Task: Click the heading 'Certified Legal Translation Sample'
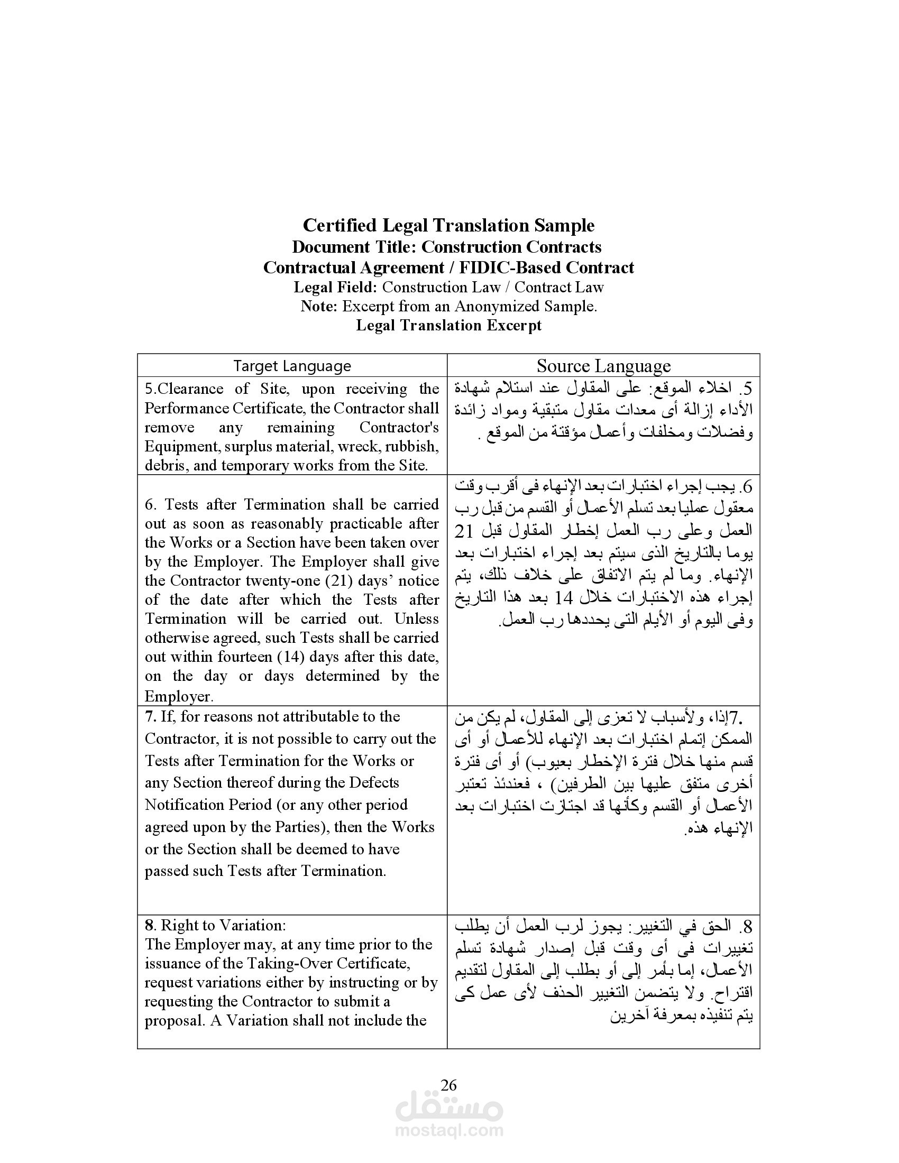point(448,225)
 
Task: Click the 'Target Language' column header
point(292,366)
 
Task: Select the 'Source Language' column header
point(603,366)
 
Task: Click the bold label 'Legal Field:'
point(335,288)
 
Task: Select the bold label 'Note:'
point(319,306)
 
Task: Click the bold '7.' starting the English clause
point(151,716)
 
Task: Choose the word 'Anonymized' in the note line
point(497,306)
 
